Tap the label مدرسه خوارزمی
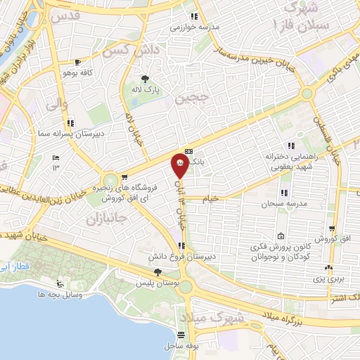195,28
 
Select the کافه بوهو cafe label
78,73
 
